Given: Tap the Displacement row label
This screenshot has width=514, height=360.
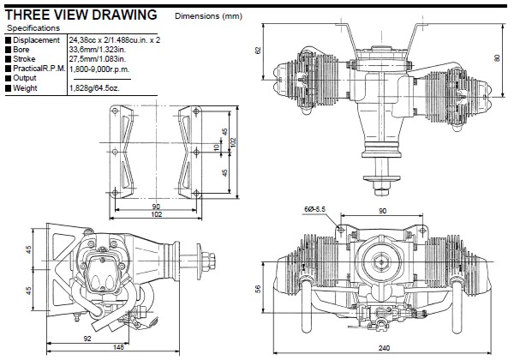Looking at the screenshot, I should (x=36, y=40).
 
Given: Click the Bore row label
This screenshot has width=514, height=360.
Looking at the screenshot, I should (x=23, y=50).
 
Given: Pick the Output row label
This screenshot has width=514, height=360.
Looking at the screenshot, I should (x=27, y=78).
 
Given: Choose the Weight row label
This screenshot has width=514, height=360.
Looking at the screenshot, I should (x=27, y=87).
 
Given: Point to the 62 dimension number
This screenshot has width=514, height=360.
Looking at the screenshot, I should (x=258, y=51).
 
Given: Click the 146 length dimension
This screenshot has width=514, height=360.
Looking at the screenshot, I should (x=118, y=347).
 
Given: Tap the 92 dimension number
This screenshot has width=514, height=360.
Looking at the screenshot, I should (x=88, y=337).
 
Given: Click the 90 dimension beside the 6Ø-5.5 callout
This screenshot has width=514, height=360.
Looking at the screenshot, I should (x=383, y=209).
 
